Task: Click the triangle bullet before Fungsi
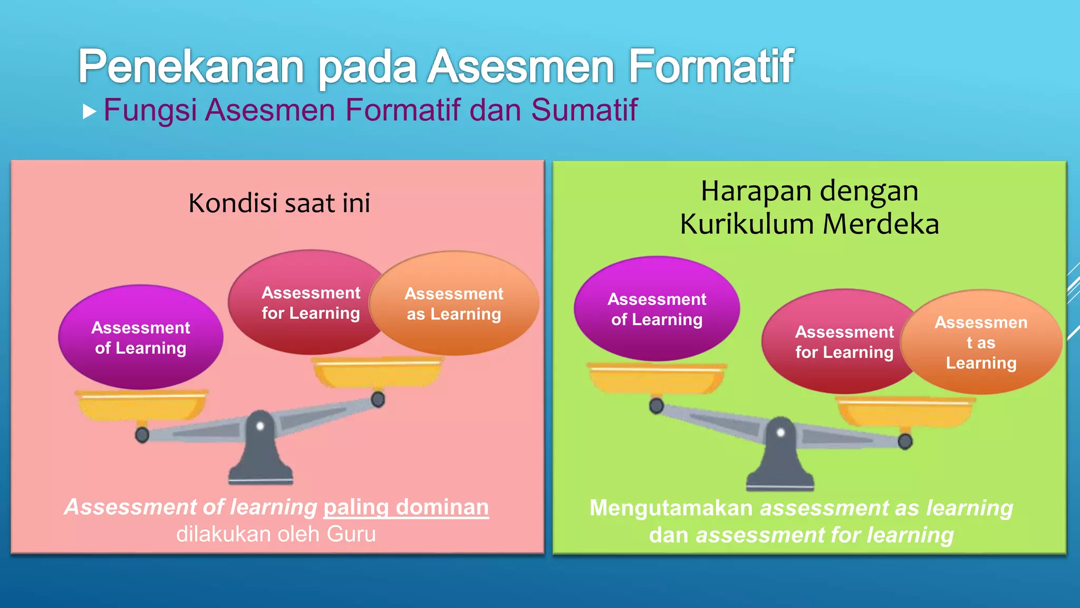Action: (x=90, y=111)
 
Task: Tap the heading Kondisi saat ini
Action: (x=279, y=203)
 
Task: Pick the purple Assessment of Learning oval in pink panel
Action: (x=140, y=338)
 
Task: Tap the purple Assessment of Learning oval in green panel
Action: (x=657, y=309)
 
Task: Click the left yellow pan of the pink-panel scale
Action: (x=141, y=405)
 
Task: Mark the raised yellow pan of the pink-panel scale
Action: (x=378, y=373)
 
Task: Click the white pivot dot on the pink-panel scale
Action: (x=259, y=426)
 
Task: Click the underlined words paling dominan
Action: (x=406, y=507)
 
